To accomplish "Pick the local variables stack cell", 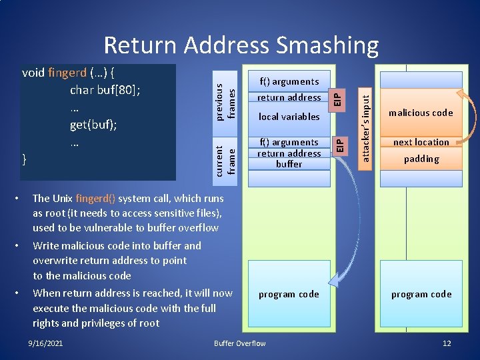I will point(289,117).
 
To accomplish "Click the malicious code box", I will point(421,113).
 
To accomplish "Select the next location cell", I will point(421,142).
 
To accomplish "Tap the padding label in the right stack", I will point(421,159).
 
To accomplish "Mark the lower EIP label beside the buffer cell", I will point(338,143).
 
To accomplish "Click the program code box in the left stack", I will point(289,294).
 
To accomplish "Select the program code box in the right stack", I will point(421,294).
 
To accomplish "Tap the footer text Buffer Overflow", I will point(239,343).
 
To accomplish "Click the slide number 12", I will point(447,343).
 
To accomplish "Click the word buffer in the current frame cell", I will point(289,164).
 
